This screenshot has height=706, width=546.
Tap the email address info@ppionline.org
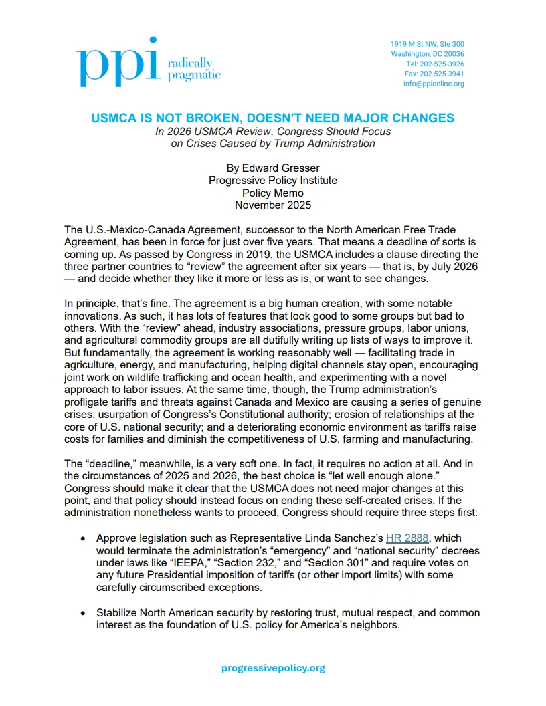point(434,84)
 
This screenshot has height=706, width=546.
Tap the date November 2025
point(273,205)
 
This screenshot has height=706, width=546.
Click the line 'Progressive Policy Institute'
point(273,181)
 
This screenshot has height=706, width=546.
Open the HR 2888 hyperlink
point(407,538)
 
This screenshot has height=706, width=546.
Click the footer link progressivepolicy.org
point(273,667)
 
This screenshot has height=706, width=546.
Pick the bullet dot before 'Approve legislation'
point(82,538)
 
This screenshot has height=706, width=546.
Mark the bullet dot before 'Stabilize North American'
point(82,614)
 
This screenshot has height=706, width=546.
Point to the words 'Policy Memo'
point(273,193)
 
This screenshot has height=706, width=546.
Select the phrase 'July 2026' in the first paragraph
point(460,267)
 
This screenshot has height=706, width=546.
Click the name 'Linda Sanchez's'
point(348,538)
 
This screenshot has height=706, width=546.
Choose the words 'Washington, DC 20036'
point(428,54)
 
